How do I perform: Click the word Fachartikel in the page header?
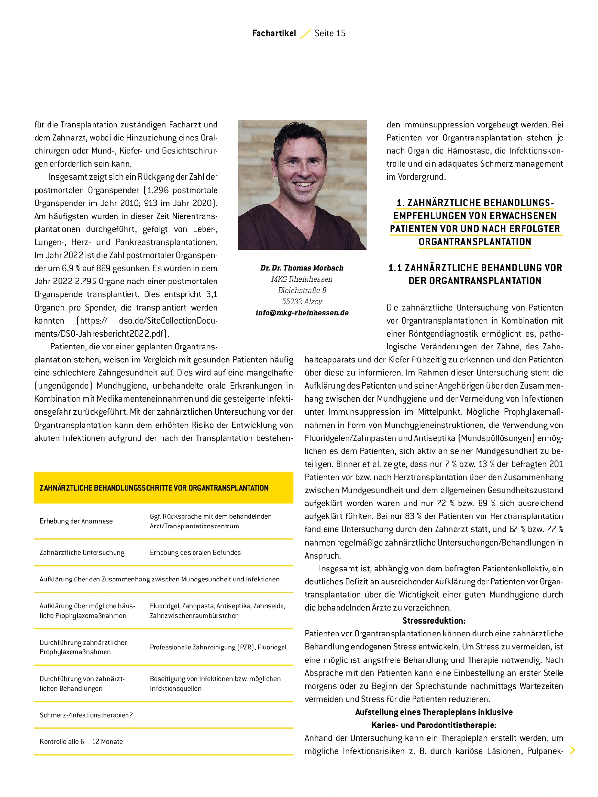(274, 33)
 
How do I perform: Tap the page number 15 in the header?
(340, 33)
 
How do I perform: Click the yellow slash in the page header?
(305, 34)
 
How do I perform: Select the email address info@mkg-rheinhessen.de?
(302, 313)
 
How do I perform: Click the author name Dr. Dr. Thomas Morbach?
(302, 268)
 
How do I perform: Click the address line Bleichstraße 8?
(302, 290)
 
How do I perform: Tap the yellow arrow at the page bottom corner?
(572, 750)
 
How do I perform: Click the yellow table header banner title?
(154, 488)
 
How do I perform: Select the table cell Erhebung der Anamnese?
(76, 521)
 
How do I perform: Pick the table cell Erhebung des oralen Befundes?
(195, 553)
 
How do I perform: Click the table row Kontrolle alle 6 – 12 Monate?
(81, 742)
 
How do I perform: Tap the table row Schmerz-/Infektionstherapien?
(86, 715)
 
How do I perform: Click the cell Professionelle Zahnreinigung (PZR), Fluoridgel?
(218, 647)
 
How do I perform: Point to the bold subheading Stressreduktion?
(434, 621)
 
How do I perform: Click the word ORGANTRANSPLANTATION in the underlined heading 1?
(475, 242)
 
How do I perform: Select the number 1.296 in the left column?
(158, 190)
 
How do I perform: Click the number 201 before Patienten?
(556, 464)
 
